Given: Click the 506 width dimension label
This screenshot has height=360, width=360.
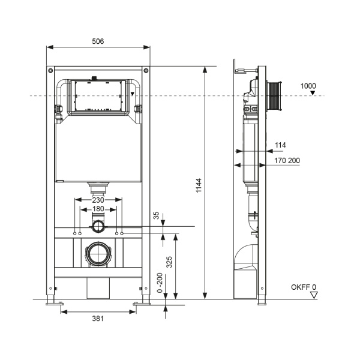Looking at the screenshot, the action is (x=98, y=41).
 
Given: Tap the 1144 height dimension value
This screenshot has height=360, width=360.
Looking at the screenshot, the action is (x=199, y=185).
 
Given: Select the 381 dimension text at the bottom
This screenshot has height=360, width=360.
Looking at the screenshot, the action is (x=98, y=319).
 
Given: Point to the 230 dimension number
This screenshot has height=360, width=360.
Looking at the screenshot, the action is (x=98, y=200).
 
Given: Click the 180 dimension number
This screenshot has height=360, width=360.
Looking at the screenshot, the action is (x=98, y=209).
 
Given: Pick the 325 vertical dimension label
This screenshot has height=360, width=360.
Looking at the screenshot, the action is (x=169, y=262).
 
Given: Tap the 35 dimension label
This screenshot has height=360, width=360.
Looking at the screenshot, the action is (x=156, y=215).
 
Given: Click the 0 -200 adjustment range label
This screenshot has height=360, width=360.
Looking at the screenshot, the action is (x=160, y=283).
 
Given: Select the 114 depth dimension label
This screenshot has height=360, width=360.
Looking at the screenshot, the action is (x=280, y=145).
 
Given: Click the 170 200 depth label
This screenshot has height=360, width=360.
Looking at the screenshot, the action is (x=287, y=160).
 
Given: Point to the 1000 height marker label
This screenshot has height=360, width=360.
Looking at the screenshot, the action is (x=308, y=86).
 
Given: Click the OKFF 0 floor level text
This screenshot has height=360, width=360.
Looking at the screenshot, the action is (x=304, y=287).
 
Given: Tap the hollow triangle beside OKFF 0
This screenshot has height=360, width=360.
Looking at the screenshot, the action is (x=314, y=295).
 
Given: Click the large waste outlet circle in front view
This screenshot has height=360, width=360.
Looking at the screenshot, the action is (x=98, y=254).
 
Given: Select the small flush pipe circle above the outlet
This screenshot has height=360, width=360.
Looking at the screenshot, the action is (x=98, y=226).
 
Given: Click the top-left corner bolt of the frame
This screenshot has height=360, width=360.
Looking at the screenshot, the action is (x=50, y=70).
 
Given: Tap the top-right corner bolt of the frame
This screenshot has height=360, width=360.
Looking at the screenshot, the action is (x=146, y=70).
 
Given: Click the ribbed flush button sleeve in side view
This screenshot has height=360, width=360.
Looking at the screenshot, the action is (x=274, y=96).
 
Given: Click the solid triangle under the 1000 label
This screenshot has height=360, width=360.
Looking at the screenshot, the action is (x=313, y=92).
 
